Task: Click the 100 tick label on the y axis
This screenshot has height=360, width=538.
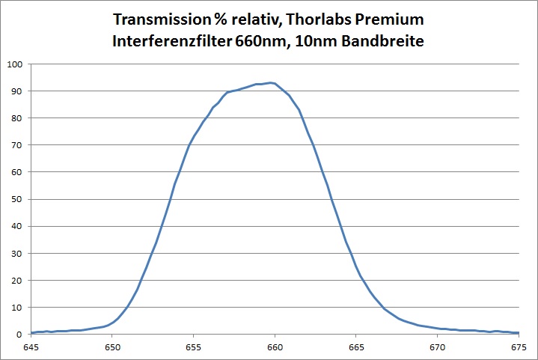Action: coord(15,64)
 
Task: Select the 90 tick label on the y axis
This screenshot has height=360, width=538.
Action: coord(17,91)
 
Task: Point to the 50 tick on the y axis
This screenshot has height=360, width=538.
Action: coord(17,199)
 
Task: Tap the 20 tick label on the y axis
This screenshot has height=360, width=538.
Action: coord(17,280)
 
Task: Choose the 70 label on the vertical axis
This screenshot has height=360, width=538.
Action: coord(17,144)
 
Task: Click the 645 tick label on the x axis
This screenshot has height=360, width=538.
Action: coord(31,347)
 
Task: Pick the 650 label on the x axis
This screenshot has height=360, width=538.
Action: coord(112,347)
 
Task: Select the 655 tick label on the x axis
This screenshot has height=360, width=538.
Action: coord(194,347)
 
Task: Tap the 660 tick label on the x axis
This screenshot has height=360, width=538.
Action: coord(275,347)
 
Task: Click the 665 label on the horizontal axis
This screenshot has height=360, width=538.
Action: coord(356,347)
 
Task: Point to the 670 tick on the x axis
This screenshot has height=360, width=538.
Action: coord(437,347)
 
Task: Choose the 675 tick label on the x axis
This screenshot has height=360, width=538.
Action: coord(518,347)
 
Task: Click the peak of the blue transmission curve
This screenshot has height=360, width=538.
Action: coord(272,82)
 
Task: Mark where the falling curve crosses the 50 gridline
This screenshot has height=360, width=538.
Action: coord(331,199)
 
